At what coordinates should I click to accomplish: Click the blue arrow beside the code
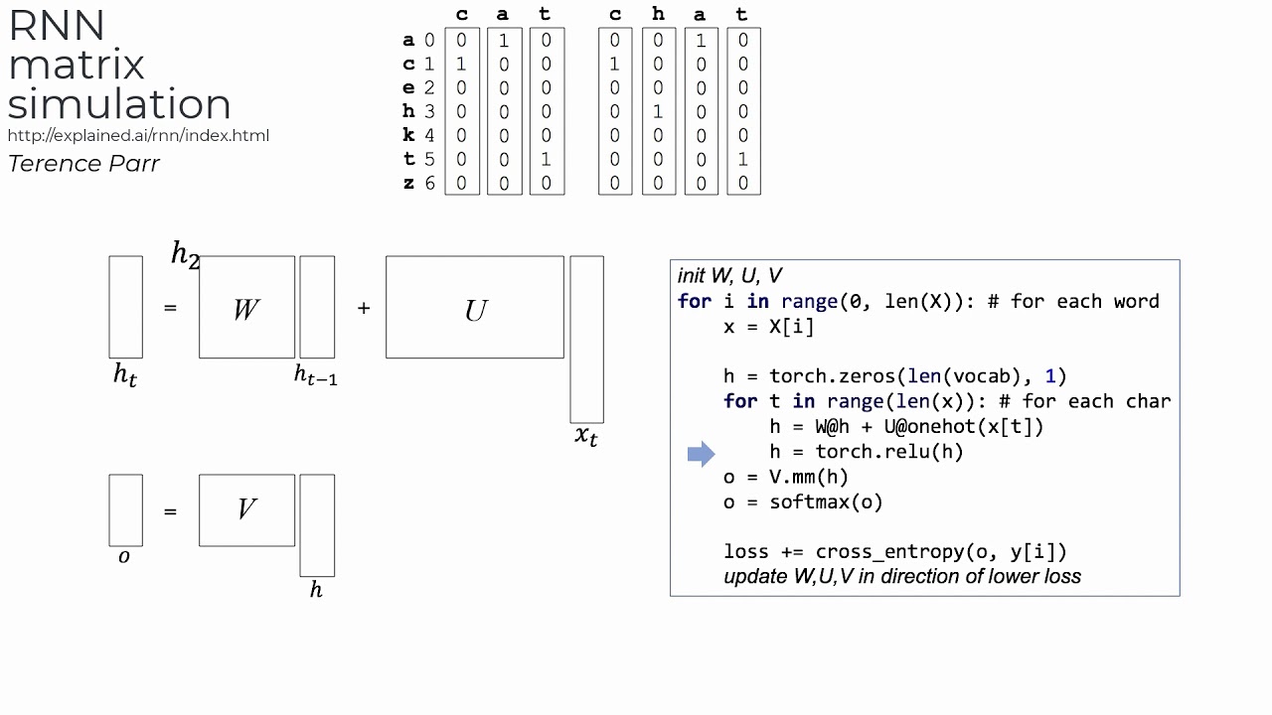(701, 454)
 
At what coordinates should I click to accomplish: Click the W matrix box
(246, 308)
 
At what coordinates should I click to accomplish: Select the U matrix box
(475, 308)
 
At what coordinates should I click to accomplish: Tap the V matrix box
(246, 510)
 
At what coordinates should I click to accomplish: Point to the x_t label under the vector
(586, 435)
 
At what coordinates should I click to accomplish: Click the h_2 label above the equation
(186, 254)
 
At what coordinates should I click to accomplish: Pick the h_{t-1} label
(315, 374)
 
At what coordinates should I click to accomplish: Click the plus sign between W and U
(364, 308)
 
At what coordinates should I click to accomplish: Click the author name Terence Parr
(83, 164)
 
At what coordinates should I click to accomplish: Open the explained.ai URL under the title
(138, 135)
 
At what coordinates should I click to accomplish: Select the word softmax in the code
(815, 501)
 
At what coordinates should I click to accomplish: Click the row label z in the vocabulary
(408, 184)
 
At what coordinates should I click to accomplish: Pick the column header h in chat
(658, 15)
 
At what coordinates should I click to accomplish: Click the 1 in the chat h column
(658, 112)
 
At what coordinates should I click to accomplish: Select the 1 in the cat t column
(547, 160)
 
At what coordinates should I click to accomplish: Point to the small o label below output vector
(124, 557)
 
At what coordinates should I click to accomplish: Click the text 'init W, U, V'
(729, 276)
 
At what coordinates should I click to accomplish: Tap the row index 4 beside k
(429, 136)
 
